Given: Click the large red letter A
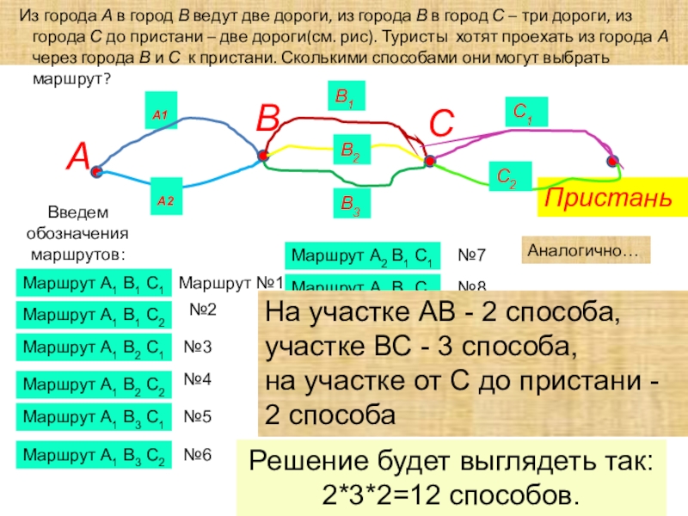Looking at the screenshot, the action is click(79, 157).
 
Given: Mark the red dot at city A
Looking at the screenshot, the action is click(97, 172).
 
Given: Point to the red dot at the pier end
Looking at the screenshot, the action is click(613, 161).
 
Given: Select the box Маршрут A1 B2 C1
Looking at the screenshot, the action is click(95, 347).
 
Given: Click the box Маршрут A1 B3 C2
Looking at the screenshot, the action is click(95, 455).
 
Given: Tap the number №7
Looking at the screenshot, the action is click(471, 255).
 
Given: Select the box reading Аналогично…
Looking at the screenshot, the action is click(584, 250).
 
